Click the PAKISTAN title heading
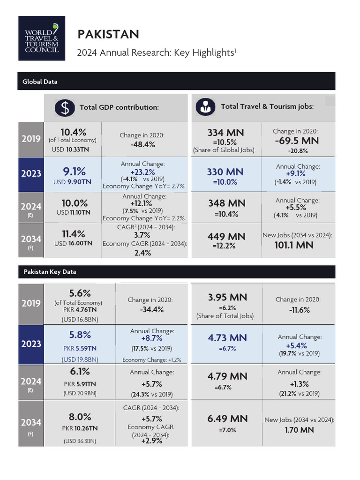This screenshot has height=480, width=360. (x=108, y=34)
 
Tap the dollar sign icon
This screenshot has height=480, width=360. (x=65, y=107)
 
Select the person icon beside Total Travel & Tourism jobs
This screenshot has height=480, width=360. (x=204, y=107)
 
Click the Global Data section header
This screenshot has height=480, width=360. (x=40, y=82)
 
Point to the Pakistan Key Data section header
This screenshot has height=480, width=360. (x=50, y=272)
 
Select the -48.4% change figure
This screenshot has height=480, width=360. (x=142, y=144)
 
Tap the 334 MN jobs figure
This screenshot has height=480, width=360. (x=225, y=133)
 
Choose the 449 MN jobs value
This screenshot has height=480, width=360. (x=226, y=237)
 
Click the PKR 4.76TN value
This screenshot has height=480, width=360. (x=77, y=310)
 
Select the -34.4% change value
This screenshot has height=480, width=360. (x=151, y=310)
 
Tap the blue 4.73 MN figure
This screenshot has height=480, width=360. (x=227, y=338)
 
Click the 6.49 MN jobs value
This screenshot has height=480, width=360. (x=227, y=419)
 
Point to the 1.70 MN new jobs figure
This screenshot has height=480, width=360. (x=300, y=429)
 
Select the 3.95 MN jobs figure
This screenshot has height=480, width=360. (x=227, y=297)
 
